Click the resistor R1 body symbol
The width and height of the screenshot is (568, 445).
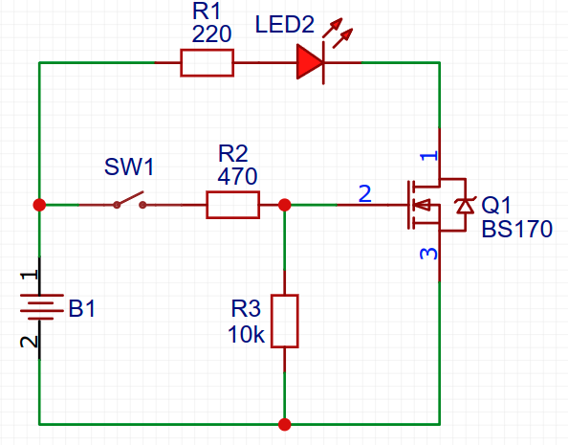coord(207,63)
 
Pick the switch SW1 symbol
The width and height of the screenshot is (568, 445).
coord(129,202)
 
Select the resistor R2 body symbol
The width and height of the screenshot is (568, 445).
coord(232,205)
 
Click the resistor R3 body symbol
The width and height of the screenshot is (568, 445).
coord(284,322)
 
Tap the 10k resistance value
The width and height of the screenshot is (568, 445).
coord(246,335)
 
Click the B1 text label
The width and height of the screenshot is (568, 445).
coord(82,309)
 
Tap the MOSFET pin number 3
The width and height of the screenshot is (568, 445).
coord(429,255)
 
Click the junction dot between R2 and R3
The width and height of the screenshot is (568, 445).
coord(284,205)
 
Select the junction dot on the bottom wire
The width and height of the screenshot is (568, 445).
coord(284,423)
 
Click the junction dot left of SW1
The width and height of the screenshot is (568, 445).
coord(39,205)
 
